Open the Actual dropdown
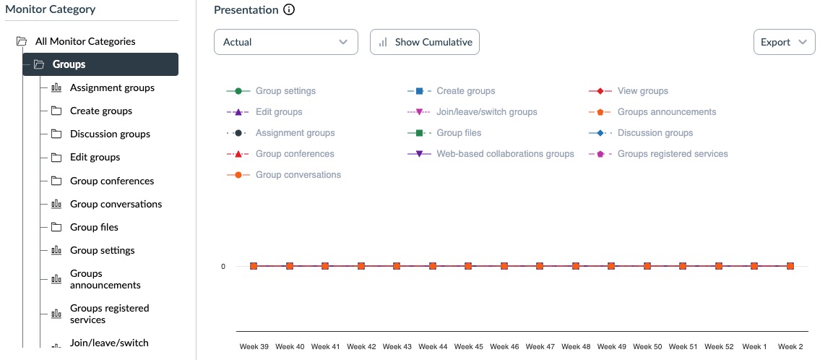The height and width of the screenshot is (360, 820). click(x=285, y=42)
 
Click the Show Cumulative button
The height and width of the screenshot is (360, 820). click(x=424, y=42)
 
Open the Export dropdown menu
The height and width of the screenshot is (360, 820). click(x=783, y=42)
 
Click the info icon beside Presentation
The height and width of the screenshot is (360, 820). click(x=289, y=10)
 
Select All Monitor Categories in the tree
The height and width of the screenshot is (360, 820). click(x=85, y=41)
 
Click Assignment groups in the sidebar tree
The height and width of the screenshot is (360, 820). click(x=112, y=87)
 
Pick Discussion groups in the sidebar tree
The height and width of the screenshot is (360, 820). click(x=110, y=134)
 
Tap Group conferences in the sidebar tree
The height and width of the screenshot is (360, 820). click(x=112, y=181)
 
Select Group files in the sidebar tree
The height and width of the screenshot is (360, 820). click(x=94, y=227)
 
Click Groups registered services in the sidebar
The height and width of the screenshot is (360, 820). click(x=109, y=314)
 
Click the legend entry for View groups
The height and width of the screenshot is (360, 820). click(x=642, y=91)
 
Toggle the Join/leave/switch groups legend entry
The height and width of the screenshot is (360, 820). click(x=486, y=112)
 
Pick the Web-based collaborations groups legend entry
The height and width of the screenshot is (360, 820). click(x=504, y=154)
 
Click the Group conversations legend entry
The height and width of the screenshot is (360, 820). click(x=298, y=175)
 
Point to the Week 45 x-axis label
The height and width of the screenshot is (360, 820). click(x=468, y=347)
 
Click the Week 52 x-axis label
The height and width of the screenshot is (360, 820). click(x=719, y=347)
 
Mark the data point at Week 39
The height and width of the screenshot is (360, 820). click(x=254, y=266)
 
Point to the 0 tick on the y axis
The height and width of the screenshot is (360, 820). click(x=223, y=266)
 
